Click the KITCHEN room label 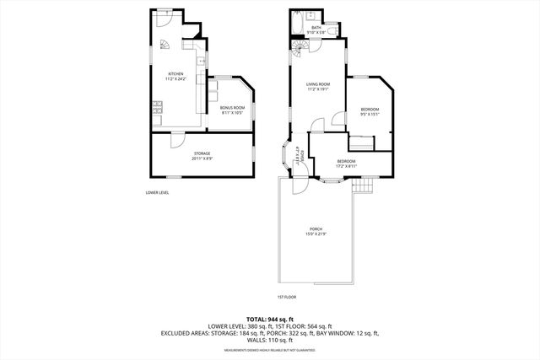tap(175, 77)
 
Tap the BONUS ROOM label tap(232, 110)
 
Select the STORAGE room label tap(200, 155)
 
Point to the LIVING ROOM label tap(317, 86)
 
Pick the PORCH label tap(316, 232)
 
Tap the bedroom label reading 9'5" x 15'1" tap(370, 112)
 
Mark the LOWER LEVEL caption tap(157, 193)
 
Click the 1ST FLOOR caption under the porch tap(287, 297)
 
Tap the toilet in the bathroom tap(335, 31)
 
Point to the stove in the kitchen tap(157, 106)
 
